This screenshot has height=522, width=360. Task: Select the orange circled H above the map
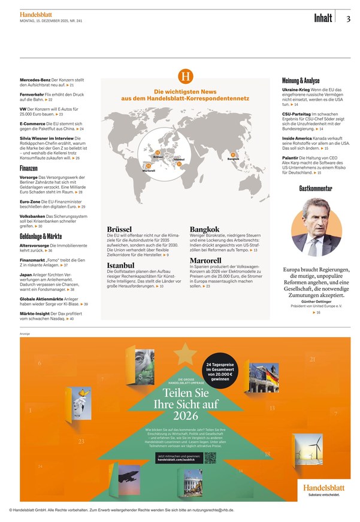(186, 77)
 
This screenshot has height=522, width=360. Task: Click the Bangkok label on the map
(234, 159)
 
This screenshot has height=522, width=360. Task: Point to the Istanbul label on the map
(179, 159)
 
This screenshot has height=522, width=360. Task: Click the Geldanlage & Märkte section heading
(41, 236)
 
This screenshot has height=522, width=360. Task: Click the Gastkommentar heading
(316, 189)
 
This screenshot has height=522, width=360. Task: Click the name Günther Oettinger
(319, 302)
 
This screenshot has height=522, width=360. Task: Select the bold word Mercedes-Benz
(35, 80)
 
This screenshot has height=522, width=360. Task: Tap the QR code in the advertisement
(210, 457)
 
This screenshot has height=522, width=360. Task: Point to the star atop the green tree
(185, 354)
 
